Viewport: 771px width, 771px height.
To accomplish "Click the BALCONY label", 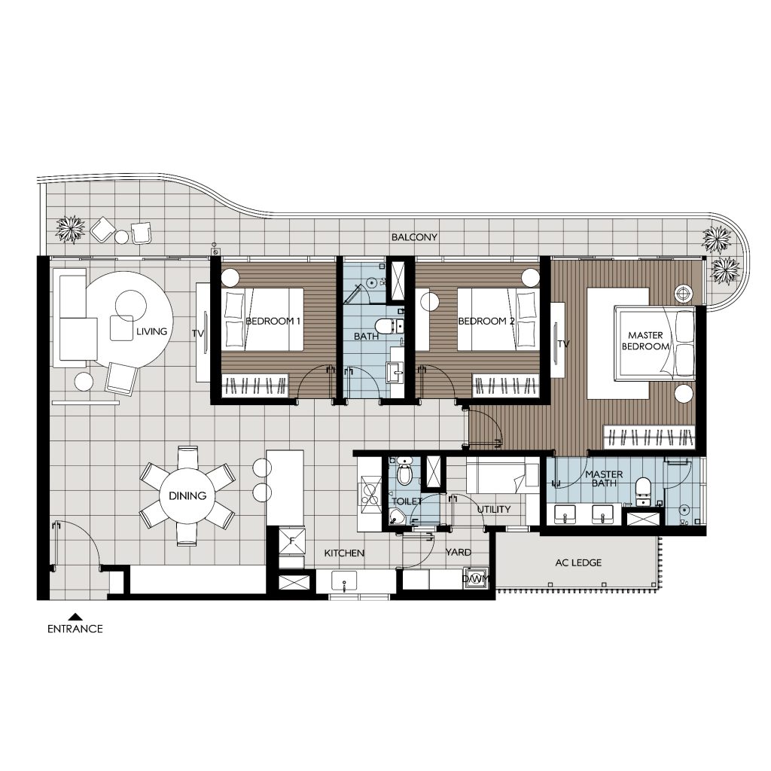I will click(414, 237).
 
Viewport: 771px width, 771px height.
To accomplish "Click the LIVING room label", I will click(151, 331).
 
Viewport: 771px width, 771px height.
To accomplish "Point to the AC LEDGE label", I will click(577, 562).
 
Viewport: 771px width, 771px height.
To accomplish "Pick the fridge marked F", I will click(291, 541).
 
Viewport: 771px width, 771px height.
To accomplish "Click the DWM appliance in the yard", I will click(476, 579).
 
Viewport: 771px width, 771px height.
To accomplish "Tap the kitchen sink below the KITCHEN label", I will click(345, 581).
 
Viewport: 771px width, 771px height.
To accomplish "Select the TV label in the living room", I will click(198, 333).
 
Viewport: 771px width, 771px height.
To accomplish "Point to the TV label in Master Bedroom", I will click(563, 344).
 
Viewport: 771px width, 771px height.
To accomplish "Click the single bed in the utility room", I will click(501, 477).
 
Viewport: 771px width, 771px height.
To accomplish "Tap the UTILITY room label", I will click(494, 510).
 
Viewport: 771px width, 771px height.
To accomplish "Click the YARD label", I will click(458, 553).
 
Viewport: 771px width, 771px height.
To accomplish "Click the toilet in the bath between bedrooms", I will click(386, 325).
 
